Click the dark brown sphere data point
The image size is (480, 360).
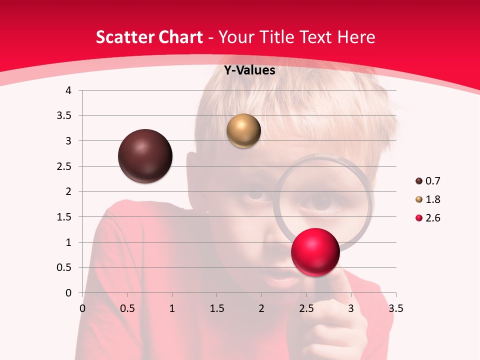145,156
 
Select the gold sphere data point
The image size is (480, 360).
243,131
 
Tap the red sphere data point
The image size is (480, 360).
315,252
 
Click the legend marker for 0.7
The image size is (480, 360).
419,181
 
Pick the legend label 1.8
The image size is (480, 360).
432,199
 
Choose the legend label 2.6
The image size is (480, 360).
432,218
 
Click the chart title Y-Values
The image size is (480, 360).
249,70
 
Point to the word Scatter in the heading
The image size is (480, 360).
124,37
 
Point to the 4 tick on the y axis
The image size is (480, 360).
69,90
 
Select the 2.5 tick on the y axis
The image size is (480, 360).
64,166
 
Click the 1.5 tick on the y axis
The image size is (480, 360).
64,217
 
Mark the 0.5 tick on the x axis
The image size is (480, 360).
127,308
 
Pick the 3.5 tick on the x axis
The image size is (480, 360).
395,308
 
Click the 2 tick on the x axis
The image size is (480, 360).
261,308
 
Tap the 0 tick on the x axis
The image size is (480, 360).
82,308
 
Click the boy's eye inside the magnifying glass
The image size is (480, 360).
321,202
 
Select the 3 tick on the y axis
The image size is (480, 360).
69,141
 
